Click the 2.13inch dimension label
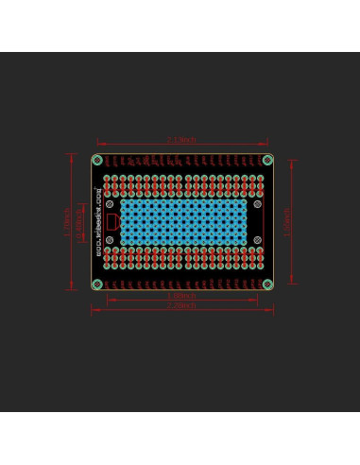click(x=180, y=140)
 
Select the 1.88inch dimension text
click(x=180, y=296)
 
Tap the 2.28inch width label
click(x=180, y=305)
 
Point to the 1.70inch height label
click(x=66, y=222)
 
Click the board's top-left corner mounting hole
click(x=98, y=159)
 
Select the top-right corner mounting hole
click(x=267, y=159)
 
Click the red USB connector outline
click(x=112, y=222)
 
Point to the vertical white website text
click(x=100, y=222)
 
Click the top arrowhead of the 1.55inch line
click(x=292, y=161)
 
